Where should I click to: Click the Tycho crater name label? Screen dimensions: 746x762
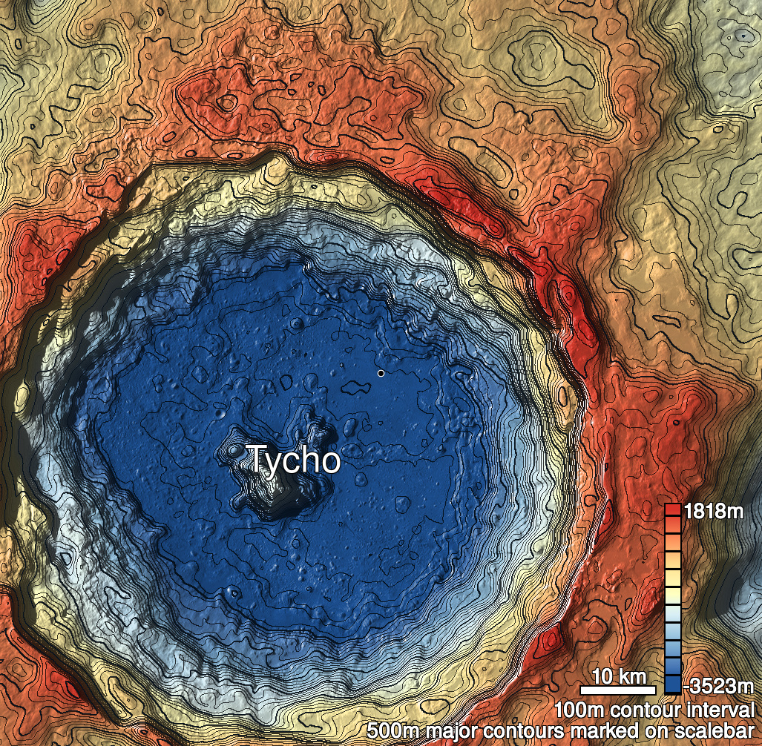tap(292, 460)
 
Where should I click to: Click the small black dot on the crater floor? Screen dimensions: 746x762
tap(381, 373)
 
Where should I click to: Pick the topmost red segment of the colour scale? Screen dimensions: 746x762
tap(673, 510)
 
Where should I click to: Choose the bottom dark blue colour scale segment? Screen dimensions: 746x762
tap(673, 684)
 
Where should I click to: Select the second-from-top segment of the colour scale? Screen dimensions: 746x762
tap(673, 524)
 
